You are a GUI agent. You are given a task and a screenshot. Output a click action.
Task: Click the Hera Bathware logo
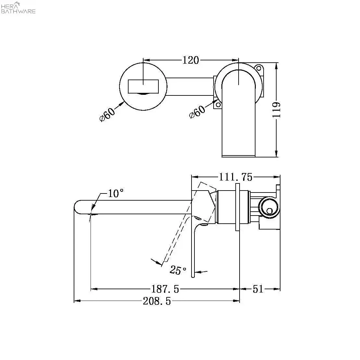click(x=18, y=7)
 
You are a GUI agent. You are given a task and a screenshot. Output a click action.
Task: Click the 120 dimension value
click(x=191, y=60)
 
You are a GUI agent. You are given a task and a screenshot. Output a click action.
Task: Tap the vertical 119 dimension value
click(x=277, y=110)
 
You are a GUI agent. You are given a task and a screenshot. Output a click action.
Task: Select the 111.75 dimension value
click(x=236, y=177)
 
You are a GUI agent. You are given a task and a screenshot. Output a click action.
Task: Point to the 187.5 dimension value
click(x=165, y=289)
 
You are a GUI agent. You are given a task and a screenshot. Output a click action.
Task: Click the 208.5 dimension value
click(x=157, y=301)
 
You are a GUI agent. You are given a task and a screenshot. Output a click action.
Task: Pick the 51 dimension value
click(x=258, y=289)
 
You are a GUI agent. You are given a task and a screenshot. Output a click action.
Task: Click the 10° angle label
click(x=116, y=193)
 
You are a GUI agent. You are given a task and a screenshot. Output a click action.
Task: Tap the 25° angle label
click(x=178, y=270)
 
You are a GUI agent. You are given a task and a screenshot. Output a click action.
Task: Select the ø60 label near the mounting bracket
click(x=197, y=112)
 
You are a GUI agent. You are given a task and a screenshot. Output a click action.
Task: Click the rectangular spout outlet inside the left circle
click(x=143, y=87)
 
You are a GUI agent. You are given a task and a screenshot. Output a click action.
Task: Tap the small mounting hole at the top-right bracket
click(x=259, y=68)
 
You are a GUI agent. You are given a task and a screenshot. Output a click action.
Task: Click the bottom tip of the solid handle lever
click(x=193, y=277)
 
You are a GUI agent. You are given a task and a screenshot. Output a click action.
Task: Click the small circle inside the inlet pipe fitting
click(x=269, y=211)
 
